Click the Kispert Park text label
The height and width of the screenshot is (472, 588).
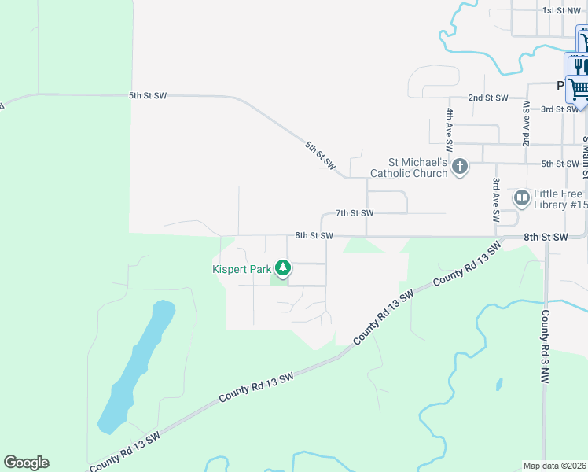tap(241, 269)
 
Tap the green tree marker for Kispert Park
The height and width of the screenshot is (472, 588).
tap(283, 269)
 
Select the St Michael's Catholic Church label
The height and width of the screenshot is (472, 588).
tap(409, 167)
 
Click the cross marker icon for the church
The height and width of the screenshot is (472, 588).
tap(460, 166)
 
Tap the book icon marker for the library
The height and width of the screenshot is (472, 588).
tap(521, 197)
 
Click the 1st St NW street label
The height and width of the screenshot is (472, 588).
tap(561, 10)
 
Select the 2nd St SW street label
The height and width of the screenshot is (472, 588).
tap(488, 98)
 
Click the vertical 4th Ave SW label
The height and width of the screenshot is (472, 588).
tap(450, 130)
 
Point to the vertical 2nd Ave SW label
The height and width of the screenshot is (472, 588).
tap(526, 124)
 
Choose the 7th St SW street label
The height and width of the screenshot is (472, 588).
tap(354, 213)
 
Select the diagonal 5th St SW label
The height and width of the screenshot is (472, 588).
tap(321, 156)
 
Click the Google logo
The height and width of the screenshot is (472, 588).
tap(26, 463)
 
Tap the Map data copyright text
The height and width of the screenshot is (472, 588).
tap(554, 466)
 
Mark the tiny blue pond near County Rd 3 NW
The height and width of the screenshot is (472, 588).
tap(499, 385)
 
